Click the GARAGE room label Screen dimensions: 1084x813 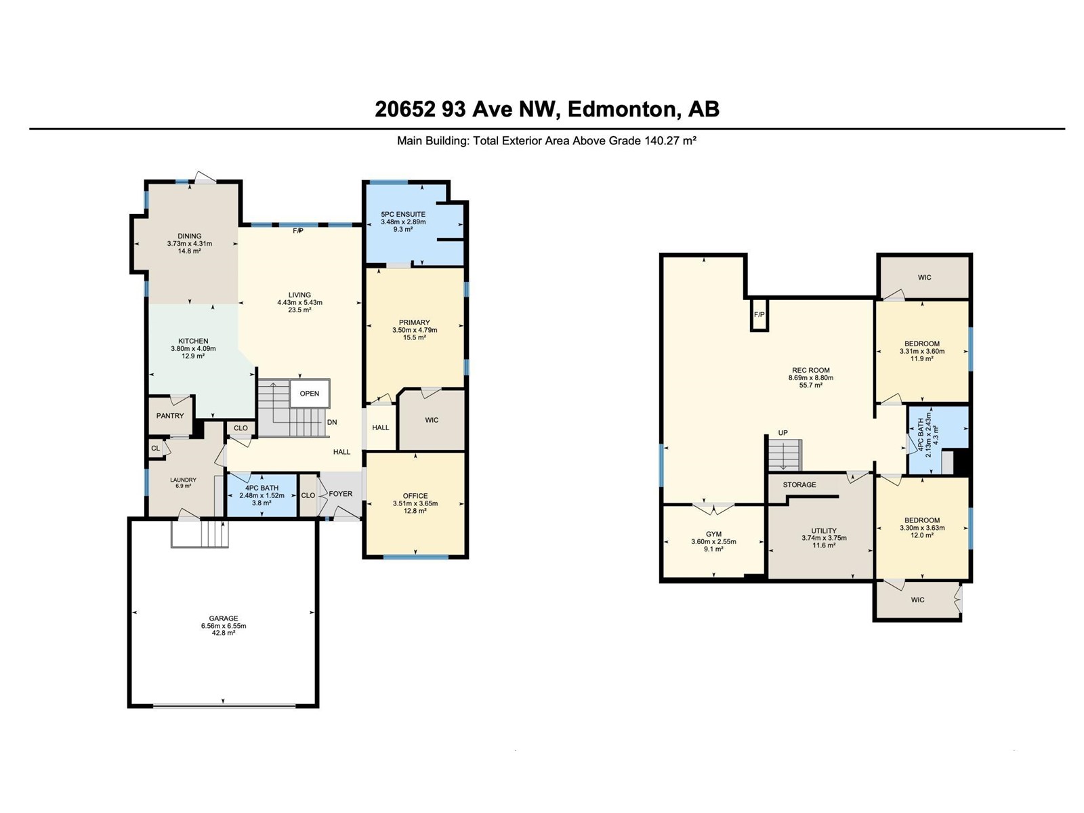coord(223,618)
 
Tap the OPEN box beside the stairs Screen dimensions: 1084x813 coord(310,394)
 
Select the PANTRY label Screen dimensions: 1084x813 coord(170,415)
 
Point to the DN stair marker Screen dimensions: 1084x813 coord(332,422)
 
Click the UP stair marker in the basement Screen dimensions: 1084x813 coord(783,433)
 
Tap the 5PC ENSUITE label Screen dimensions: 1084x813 coord(403,214)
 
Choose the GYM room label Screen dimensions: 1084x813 coord(713,534)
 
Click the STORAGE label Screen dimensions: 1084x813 coord(799,484)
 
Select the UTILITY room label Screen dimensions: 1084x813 coord(824,530)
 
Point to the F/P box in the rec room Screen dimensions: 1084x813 coord(759,314)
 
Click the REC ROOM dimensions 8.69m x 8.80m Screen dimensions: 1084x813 coord(811,377)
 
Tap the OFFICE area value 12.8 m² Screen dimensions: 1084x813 coord(415,511)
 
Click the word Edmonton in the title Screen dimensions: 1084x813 coord(621,109)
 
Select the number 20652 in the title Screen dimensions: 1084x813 coord(405,109)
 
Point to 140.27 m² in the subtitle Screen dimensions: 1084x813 coord(670,141)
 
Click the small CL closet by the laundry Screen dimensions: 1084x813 coord(156,449)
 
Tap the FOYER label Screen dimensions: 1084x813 coord(341,494)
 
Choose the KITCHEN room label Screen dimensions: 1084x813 coord(193,341)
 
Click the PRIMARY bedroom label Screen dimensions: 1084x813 coord(415,322)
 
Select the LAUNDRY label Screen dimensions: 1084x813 coord(183,480)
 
